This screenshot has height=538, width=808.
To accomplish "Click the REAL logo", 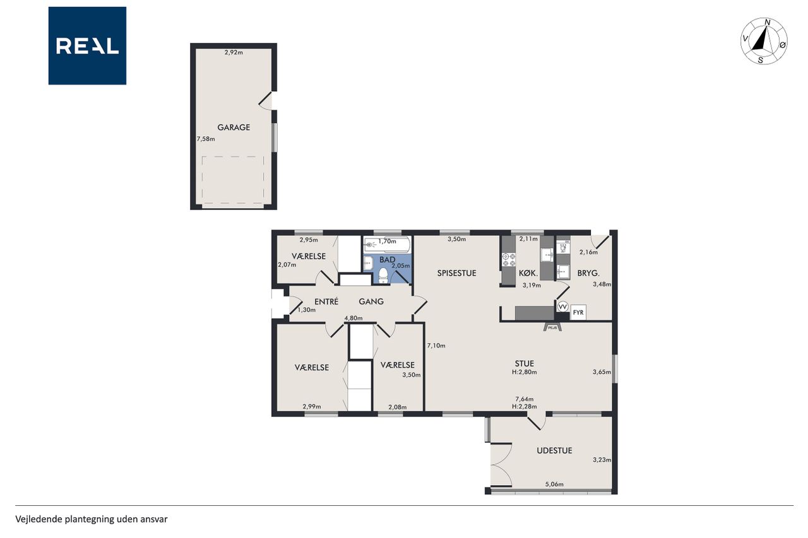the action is [x=87, y=46].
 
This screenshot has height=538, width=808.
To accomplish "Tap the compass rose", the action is [x=764, y=41].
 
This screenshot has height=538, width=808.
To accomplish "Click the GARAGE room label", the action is [x=234, y=127].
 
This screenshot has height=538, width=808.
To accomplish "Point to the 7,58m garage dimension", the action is [x=206, y=139].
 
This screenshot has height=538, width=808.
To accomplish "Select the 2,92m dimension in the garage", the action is [x=234, y=52].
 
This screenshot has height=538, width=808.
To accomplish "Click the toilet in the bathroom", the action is [x=383, y=276].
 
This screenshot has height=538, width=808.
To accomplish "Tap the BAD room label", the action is [x=387, y=259].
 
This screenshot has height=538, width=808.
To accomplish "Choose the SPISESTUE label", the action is [x=456, y=273].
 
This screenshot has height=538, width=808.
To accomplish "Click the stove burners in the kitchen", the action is [x=509, y=260].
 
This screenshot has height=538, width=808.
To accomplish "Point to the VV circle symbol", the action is [x=562, y=307].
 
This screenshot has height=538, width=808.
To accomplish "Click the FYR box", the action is [x=578, y=312].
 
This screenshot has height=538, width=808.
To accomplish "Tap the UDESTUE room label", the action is [x=554, y=450].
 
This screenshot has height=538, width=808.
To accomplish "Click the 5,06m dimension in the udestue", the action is [x=554, y=484].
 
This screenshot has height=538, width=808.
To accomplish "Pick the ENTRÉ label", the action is [x=326, y=301].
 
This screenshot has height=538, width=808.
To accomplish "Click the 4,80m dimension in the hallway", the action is [x=353, y=318].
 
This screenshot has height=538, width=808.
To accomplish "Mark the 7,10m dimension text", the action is [x=436, y=346].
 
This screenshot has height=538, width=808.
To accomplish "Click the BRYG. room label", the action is [x=588, y=273].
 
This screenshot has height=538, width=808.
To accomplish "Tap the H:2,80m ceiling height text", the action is [x=524, y=372].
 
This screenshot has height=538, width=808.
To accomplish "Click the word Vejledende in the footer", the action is [x=39, y=519].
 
